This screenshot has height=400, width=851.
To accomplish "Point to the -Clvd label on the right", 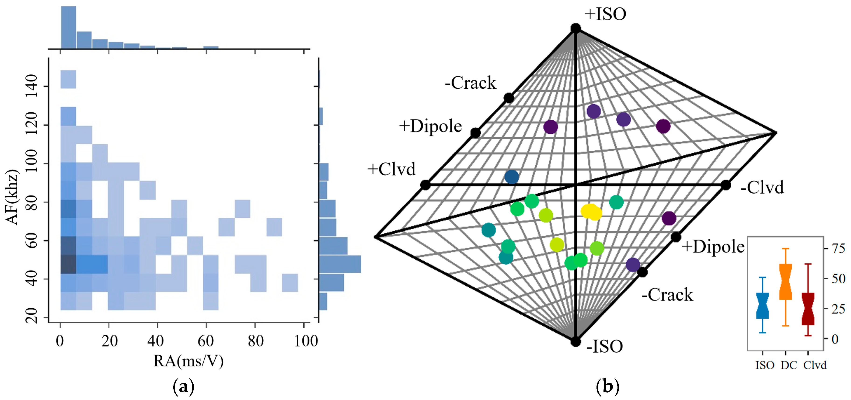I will point(762,187).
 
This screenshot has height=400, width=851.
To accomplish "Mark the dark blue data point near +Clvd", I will point(511,177).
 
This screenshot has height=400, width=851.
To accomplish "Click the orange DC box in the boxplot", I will point(786,282).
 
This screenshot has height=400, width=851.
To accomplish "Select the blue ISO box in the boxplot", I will point(762,306).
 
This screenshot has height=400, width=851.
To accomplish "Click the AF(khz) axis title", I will point(13,197).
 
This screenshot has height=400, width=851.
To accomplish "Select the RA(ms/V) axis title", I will point(188,361).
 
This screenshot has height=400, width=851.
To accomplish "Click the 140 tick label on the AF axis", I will point(32,86).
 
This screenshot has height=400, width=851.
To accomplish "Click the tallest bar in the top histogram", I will point(68,28).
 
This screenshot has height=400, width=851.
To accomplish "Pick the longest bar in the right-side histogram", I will point(340,264).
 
